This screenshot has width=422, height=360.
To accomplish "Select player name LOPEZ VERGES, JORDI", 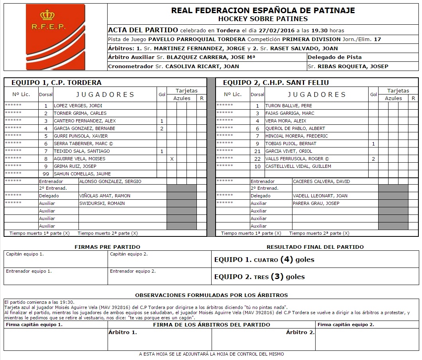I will pos(78,106).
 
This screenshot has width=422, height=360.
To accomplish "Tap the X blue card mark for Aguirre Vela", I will pos(172,159).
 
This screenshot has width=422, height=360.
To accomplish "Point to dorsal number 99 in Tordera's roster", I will pos(46,174).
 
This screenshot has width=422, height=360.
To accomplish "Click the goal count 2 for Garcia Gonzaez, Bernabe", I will pos(161,128).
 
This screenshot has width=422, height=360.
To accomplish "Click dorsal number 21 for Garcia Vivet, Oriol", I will pos(257,151).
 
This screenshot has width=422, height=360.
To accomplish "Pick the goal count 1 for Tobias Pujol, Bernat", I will pos(373,144).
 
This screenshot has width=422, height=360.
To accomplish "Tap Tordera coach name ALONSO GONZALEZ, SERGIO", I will pos(110,181).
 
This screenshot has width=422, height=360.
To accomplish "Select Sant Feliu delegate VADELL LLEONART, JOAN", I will pos(320,196).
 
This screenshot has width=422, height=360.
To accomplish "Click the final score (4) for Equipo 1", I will pos(287,260).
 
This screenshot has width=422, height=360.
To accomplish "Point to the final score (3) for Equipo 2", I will pos(277,277).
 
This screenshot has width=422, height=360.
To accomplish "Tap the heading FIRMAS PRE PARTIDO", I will pos(107,247).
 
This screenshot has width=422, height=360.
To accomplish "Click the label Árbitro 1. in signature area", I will pos(122,332).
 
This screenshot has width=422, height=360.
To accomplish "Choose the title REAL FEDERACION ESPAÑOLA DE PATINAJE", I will pos(263,10).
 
